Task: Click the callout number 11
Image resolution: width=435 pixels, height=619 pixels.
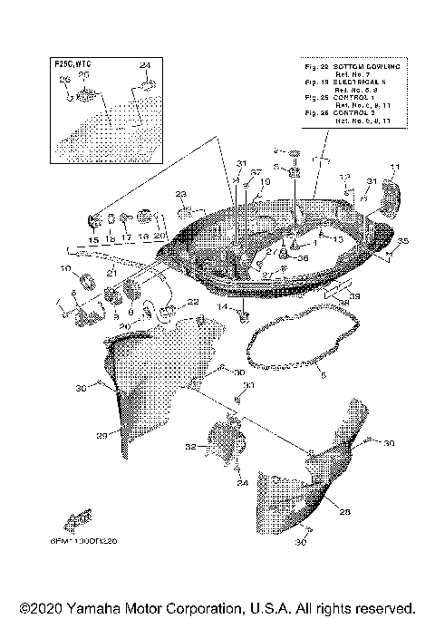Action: (x=394, y=166)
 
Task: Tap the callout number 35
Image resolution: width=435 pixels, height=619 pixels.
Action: (x=403, y=241)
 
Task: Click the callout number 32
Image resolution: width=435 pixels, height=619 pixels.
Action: (x=190, y=447)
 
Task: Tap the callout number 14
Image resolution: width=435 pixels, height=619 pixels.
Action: (x=220, y=308)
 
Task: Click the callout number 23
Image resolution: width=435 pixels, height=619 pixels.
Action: (x=180, y=195)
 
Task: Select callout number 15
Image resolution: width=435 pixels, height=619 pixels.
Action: (x=92, y=239)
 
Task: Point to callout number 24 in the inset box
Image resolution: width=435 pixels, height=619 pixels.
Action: (x=143, y=66)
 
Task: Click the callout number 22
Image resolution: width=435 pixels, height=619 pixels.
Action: (x=192, y=302)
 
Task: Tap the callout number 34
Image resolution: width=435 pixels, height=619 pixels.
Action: (x=242, y=483)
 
